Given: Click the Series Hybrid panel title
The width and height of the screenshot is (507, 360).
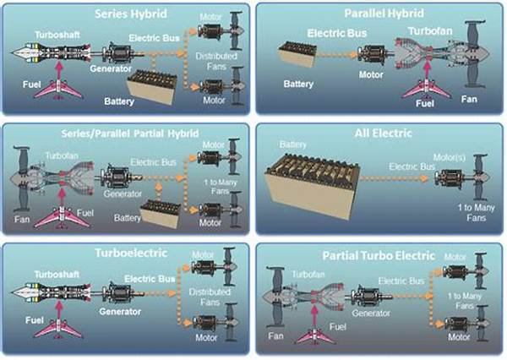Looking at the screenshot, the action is (131, 14).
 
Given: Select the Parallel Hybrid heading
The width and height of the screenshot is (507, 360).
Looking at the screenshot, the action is (384, 14).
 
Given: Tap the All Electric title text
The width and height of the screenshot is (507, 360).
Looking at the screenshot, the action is (383, 134).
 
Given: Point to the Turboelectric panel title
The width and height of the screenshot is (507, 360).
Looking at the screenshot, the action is (131, 253).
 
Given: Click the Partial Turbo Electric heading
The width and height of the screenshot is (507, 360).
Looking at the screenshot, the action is (379, 256).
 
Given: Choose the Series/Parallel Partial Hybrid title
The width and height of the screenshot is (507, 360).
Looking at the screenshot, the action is (130, 134).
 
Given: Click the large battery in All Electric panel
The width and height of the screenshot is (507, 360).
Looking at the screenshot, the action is (312, 185).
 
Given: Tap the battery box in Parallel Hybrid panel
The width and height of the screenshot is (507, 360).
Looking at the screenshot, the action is (297, 54).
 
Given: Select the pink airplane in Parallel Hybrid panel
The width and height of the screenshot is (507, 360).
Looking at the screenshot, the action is (426, 89).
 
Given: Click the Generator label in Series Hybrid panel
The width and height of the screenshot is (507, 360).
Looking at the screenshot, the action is (111, 68).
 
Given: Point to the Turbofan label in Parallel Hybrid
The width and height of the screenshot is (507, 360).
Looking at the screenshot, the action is (430, 31).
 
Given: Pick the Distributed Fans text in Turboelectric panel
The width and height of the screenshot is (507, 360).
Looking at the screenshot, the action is (210, 297).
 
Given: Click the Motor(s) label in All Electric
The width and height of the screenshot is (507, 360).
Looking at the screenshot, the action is (450, 157).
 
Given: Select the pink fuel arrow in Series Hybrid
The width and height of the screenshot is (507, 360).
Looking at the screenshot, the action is (58, 70).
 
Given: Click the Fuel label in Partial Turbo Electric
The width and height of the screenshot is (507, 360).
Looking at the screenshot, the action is (337, 327).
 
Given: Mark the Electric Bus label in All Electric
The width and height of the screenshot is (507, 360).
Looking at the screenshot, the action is (412, 166).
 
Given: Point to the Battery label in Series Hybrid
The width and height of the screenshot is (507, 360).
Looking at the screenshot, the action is (119, 101).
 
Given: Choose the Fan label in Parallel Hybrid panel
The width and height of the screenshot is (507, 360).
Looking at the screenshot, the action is (469, 99).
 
